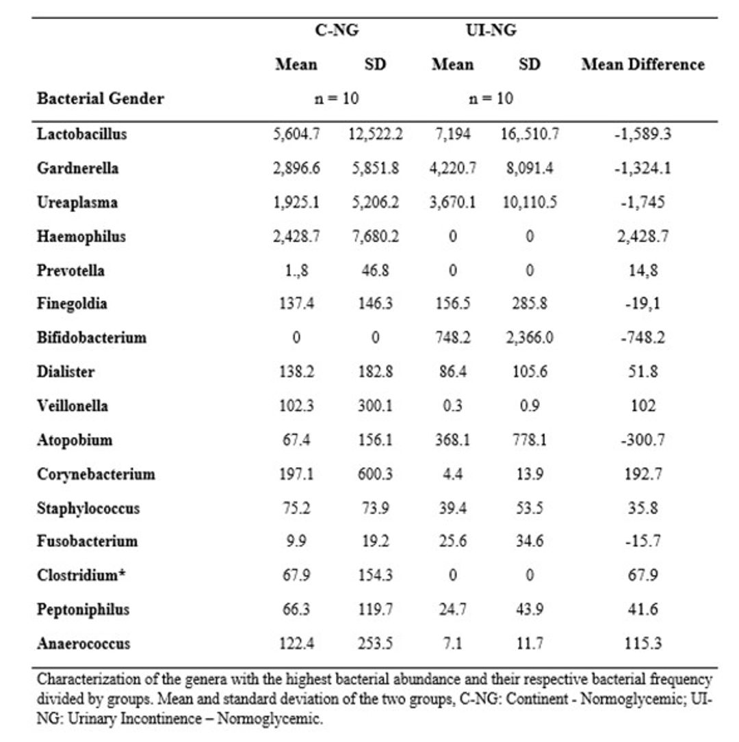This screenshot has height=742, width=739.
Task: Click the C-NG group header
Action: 337,30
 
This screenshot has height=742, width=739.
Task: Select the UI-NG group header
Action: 491,30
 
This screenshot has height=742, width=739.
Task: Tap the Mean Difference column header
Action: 643,64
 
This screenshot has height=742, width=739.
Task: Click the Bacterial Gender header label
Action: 101,98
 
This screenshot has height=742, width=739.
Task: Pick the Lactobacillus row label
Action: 82,134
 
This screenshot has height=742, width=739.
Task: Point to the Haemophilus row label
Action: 81,236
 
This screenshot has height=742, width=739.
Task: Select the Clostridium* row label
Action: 81,575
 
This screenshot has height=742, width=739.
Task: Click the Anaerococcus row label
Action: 83,644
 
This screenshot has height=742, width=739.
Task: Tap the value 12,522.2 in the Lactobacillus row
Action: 376,135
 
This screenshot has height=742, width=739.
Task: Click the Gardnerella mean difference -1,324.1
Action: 643,168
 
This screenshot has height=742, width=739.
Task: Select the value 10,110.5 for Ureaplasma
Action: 530,202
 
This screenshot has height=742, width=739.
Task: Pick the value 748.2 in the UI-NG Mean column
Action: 452,337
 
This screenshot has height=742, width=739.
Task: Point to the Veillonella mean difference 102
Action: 643,406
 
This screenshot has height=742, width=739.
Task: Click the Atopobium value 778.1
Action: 530,440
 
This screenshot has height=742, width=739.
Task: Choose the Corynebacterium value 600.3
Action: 376,474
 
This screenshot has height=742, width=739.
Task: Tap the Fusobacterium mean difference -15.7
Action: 643,541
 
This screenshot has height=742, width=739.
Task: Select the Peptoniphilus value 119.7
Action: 376,609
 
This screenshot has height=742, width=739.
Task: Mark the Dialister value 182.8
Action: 376,371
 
